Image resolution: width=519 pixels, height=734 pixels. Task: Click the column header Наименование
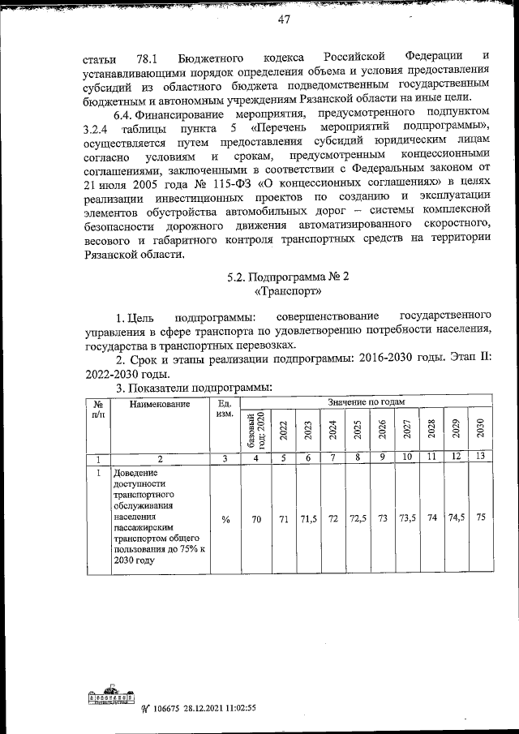(x=159, y=403)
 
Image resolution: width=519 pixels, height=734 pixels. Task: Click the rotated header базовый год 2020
(x=255, y=431)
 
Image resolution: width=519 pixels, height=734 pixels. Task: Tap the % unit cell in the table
(x=224, y=519)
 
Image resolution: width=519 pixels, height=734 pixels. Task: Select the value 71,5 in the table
(x=309, y=519)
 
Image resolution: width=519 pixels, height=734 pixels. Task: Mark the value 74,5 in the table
(x=456, y=519)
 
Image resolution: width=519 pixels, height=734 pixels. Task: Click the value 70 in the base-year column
(x=255, y=519)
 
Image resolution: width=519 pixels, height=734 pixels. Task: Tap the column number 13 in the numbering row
(x=480, y=458)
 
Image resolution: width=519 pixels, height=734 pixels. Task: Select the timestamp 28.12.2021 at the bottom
(x=194, y=707)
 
